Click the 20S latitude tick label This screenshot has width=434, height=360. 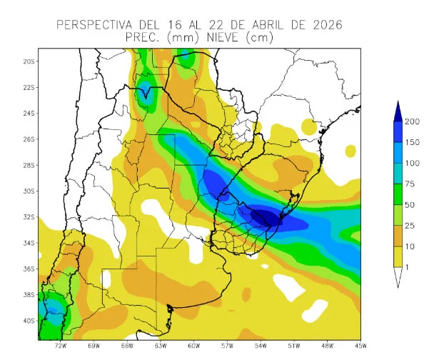tap(29, 61)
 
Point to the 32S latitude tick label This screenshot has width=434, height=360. tap(29, 217)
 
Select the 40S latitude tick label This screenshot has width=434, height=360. tap(29, 321)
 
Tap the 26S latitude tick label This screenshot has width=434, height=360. tap(29, 139)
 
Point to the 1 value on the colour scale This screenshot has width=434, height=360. tap(412, 267)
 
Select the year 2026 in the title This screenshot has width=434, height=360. tap(325, 25)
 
